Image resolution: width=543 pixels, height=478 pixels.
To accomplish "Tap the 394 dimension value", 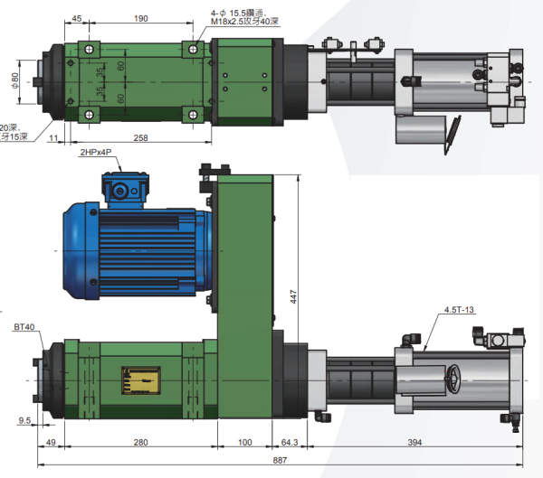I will click(415, 443).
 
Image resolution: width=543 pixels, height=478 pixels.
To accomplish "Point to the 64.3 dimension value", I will click(289, 443).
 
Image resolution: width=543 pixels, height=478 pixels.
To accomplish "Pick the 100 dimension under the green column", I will click(245, 443).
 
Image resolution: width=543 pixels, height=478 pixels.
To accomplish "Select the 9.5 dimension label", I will click(24, 420).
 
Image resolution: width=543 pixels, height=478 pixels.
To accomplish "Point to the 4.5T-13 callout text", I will click(459, 310).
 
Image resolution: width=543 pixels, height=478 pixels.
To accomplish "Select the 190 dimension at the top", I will click(140, 18).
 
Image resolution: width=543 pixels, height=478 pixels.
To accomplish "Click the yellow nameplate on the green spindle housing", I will click(141, 380).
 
